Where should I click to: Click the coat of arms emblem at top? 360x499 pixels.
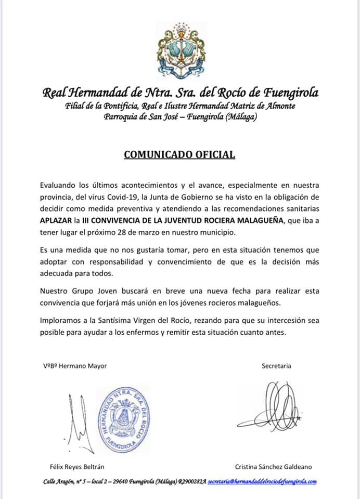pyautogui.click(x=180, y=51)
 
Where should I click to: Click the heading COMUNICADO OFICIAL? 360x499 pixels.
pyautogui.click(x=179, y=154)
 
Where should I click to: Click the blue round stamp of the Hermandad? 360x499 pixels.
pyautogui.click(x=123, y=417)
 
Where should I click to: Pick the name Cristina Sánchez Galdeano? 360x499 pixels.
pyautogui.click(x=273, y=467)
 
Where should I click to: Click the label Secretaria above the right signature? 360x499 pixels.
pyautogui.click(x=276, y=365)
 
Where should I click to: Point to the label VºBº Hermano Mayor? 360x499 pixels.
pyautogui.click(x=75, y=365)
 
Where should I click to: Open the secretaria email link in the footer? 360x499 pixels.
pyautogui.click(x=262, y=482)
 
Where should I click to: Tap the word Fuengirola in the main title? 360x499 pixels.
pyautogui.click(x=292, y=94)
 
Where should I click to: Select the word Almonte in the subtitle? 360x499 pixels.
pyautogui.click(x=280, y=107)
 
